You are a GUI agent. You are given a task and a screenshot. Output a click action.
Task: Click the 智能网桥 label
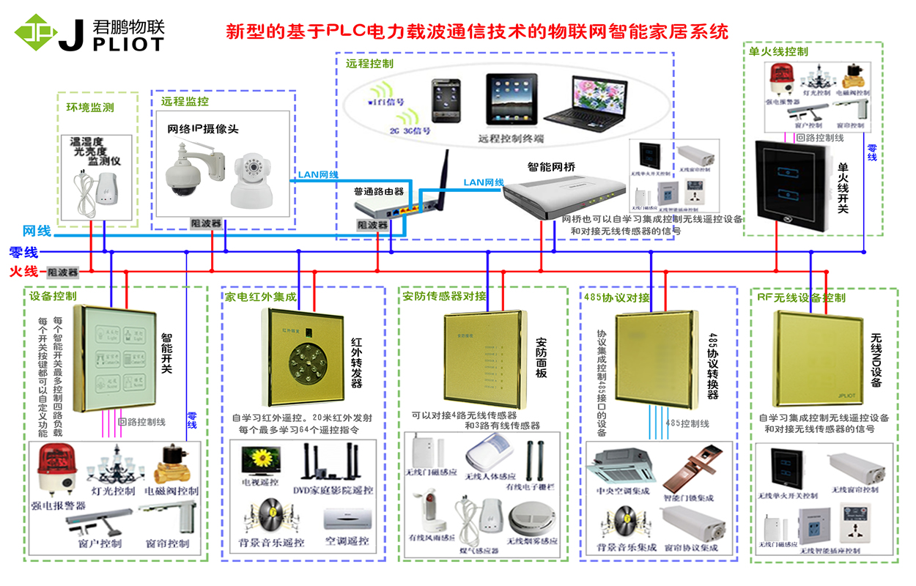coord(551,167)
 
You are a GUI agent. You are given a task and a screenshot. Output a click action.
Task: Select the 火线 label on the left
coord(23,272)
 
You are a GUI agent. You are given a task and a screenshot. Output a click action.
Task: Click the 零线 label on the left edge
coord(23,253)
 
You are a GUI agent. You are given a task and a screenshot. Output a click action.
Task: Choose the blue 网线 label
coord(37,231)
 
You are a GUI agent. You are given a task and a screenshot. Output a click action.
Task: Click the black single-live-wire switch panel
coord(794,185)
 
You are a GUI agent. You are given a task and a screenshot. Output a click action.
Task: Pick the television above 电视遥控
coord(260,460)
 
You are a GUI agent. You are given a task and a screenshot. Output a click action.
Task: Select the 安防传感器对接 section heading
coord(444,296)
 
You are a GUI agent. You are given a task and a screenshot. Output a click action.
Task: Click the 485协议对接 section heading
coord(617,297)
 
